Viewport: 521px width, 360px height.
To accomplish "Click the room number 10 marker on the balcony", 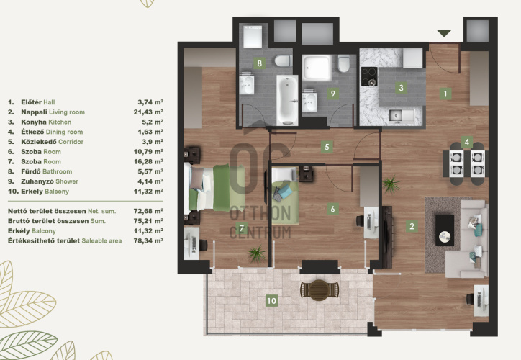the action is (271, 301).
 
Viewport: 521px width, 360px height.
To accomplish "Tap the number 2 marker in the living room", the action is (412, 226).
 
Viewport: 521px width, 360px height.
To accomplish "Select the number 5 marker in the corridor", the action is (327, 147).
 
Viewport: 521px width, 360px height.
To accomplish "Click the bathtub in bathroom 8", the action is (287, 100).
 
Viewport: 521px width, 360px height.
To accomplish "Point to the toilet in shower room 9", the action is (344, 63).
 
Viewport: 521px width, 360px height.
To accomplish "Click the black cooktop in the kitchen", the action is (369, 76).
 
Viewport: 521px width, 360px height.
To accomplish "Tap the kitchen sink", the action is (402, 115).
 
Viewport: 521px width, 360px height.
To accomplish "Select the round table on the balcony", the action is (319, 289).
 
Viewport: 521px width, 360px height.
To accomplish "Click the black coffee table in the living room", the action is (445, 230).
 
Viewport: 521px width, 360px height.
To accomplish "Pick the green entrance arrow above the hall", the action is (444, 33).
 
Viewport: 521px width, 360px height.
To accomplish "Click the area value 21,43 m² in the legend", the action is (148, 112).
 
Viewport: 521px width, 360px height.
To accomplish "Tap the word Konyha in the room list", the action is (34, 122).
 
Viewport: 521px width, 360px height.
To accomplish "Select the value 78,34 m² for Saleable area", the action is (148, 240).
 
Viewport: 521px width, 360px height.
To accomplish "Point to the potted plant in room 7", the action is (256, 254).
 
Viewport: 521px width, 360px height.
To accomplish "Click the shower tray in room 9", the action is (317, 68).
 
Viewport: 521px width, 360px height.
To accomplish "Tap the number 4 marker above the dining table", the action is (466, 143).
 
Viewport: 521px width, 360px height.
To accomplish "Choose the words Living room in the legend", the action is (67, 112).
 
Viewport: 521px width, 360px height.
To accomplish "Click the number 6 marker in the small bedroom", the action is (332, 209).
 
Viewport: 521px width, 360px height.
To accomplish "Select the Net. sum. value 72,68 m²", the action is (148, 211).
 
